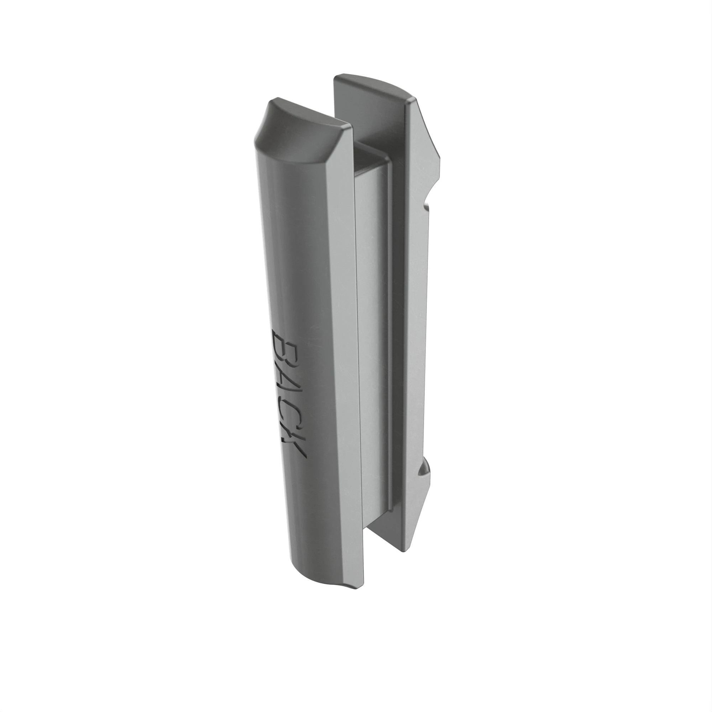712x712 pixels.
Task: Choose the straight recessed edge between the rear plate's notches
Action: pyautogui.click(x=427, y=332)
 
